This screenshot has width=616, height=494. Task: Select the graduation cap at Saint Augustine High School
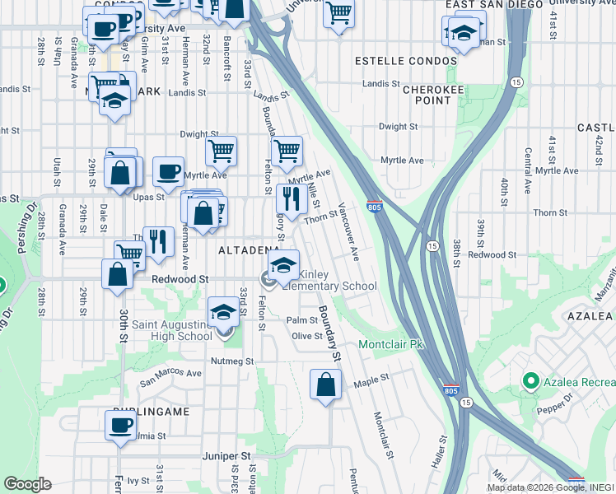pos(222,313)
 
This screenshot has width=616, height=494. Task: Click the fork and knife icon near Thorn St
pos(292,198)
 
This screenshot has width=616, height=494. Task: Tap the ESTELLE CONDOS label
pos(405,62)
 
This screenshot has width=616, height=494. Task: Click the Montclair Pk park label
pos(390,343)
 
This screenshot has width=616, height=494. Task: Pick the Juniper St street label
pos(226,455)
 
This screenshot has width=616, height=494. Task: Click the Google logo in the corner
pos(27,484)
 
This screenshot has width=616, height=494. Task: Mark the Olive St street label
pos(308,336)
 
